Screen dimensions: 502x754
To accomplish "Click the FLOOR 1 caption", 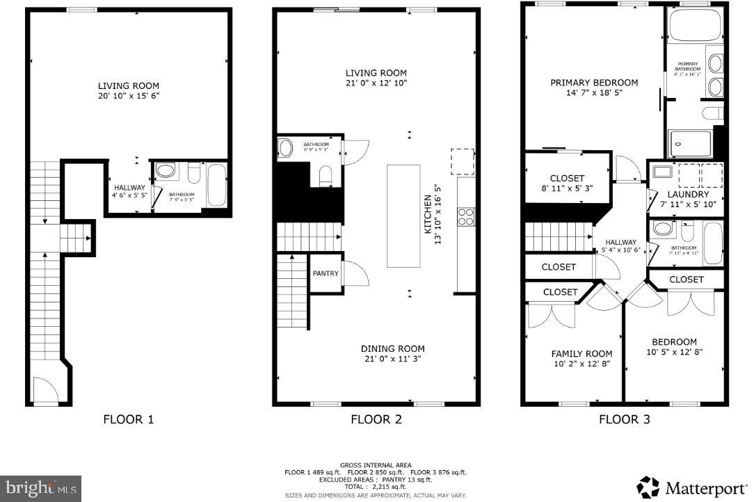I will pos(128,419).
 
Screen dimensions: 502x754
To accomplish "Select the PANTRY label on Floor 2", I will pos(326,274).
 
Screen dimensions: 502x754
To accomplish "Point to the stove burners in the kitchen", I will pos(465,216).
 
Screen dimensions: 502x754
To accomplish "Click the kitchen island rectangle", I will pos(403,216).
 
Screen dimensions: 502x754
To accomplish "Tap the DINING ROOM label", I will pos(392,348).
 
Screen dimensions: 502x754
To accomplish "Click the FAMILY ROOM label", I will pos(581,353).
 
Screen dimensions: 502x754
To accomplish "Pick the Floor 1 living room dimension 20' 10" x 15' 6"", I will pos(128,96).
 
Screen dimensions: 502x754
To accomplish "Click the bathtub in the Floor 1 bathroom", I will pos(217,185).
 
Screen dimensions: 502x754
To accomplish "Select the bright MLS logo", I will pos(41,487).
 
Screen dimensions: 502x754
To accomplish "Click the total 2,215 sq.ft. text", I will pos(376,486).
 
